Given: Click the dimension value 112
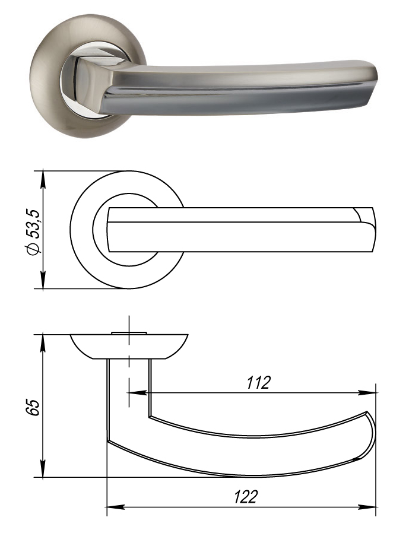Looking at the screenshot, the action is click(258, 383).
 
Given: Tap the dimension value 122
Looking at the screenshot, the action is click(246, 497).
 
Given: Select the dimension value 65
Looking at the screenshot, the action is click(33, 407).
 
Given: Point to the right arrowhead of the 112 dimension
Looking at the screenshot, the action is click(367, 393).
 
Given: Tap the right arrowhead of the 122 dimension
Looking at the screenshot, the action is click(367, 507).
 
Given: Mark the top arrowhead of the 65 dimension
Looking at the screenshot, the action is click(43, 344).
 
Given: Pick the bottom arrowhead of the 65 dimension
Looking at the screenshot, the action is click(43, 468).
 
